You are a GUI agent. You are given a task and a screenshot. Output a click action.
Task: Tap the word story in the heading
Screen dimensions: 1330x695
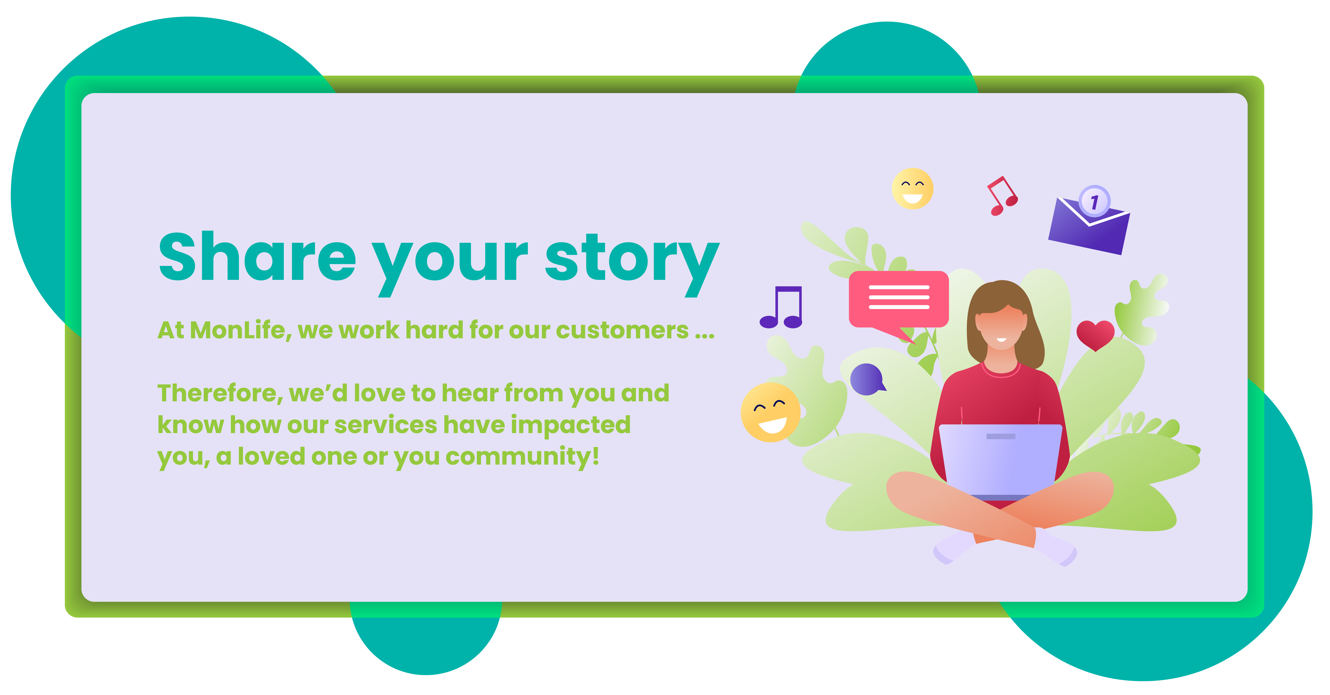632,263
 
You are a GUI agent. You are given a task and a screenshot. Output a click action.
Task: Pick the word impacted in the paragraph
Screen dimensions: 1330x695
571,425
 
